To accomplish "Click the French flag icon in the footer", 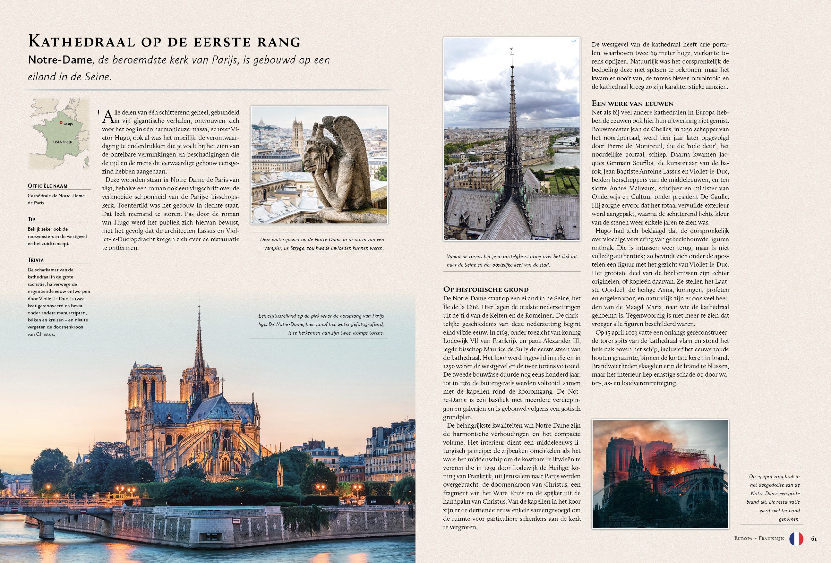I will (796, 539).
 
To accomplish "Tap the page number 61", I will (814, 539).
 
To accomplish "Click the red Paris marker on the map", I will (61, 122).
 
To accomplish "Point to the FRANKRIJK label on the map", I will (62, 142).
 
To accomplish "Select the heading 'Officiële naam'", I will (48, 186).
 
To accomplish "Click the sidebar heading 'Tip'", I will (31, 219).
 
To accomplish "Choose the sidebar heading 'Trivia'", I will (36, 260).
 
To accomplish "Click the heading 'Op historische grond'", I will (486, 289).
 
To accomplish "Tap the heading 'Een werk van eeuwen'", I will (633, 104).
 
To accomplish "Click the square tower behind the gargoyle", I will (297, 136).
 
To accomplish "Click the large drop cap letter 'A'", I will (108, 117).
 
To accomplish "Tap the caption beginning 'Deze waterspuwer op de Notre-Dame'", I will (322, 244).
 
